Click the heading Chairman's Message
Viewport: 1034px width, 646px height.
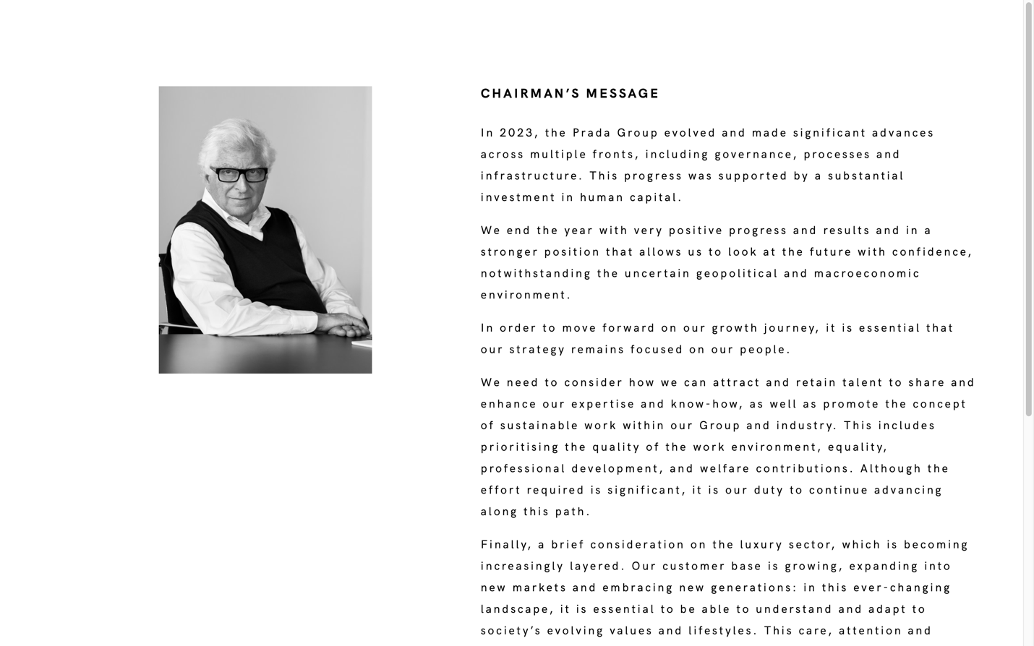click(570, 94)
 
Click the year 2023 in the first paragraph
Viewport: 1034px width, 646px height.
click(516, 133)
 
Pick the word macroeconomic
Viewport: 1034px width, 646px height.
click(867, 274)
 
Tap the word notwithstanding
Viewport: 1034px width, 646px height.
click(535, 274)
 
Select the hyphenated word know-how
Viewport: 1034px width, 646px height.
click(705, 404)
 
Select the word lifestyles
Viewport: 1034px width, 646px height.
click(719, 631)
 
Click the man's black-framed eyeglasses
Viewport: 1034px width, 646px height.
click(239, 174)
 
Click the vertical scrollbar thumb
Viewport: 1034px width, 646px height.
click(1028, 210)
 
